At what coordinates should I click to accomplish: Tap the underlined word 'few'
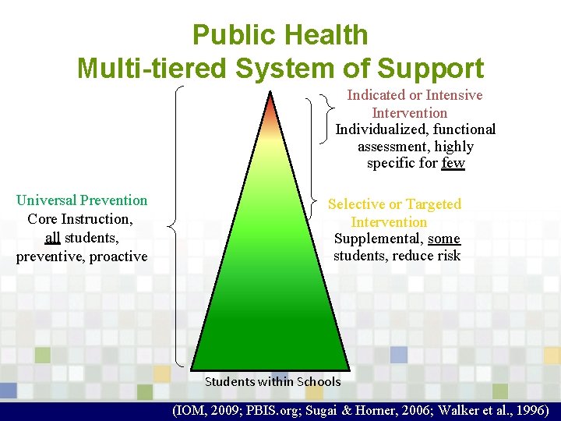coord(453,163)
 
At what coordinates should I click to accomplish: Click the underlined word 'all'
coord(52,237)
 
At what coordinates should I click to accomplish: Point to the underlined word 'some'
coord(445,238)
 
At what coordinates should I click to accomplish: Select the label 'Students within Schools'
coord(272,381)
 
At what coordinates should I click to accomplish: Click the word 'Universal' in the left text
coord(48,200)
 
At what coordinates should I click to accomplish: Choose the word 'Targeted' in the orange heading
coord(433,204)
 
